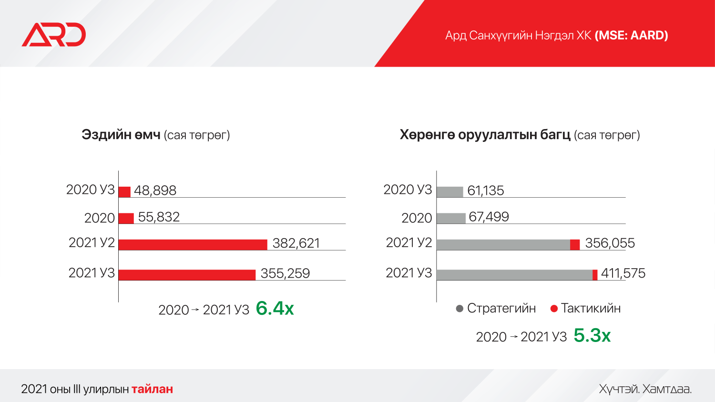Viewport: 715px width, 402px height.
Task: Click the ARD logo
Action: click(x=53, y=35)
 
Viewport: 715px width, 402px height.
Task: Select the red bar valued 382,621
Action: click(x=193, y=245)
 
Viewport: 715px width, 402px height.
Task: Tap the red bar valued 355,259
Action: click(x=187, y=275)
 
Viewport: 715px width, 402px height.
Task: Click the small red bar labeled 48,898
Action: click(x=124, y=192)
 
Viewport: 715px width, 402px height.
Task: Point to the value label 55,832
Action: click(x=159, y=217)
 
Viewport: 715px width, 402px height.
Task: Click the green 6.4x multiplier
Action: click(x=275, y=309)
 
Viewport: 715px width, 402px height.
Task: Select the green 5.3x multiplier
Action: click(x=592, y=336)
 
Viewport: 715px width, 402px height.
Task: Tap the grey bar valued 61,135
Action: click(x=449, y=192)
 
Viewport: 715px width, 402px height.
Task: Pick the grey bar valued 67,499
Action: click(x=451, y=218)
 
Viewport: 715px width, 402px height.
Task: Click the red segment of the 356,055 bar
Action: click(x=575, y=245)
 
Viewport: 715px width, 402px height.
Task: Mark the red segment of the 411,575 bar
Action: click(x=595, y=275)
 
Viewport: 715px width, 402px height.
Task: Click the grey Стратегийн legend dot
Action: click(x=460, y=309)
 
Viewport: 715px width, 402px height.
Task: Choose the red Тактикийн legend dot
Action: click(x=554, y=309)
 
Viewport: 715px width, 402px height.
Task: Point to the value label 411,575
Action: click(x=623, y=273)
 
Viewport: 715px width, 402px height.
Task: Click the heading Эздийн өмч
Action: click(x=121, y=135)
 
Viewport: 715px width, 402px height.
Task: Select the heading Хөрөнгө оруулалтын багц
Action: click(x=485, y=135)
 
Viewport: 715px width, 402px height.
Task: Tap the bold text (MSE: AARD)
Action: click(x=631, y=35)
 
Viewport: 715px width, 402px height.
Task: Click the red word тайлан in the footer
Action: click(x=152, y=389)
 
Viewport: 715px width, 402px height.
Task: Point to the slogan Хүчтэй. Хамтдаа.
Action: click(x=645, y=389)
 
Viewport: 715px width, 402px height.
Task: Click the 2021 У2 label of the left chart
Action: click(x=92, y=242)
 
